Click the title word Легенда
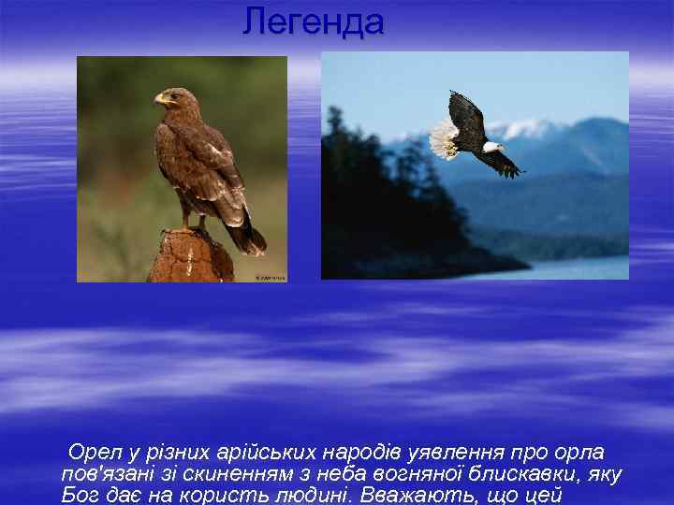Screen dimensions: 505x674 (313, 22)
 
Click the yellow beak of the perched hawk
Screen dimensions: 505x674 (158, 97)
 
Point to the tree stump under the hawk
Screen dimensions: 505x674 (191, 256)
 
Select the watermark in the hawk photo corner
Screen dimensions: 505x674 (271, 277)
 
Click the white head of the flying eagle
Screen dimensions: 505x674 (491, 146)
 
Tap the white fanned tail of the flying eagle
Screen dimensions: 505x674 (444, 139)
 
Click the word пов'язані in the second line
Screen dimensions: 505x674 (102, 474)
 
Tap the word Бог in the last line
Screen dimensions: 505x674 (79, 495)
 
